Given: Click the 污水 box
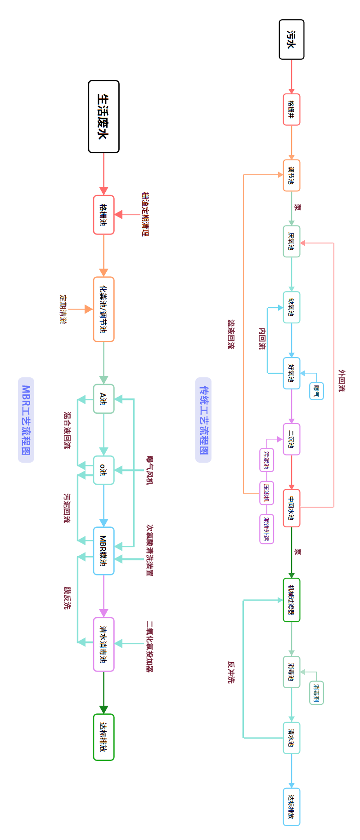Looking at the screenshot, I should [292, 40].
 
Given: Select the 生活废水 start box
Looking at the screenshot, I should [103, 117].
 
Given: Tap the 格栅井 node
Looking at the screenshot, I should [292, 110].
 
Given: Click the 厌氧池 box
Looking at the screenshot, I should [292, 241].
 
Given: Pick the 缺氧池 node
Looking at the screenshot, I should [292, 307].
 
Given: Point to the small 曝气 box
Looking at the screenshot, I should [316, 391].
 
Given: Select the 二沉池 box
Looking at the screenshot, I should [292, 439].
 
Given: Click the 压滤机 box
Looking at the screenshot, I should [266, 493].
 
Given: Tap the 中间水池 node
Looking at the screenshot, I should [292, 508].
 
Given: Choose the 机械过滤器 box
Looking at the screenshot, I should [292, 600].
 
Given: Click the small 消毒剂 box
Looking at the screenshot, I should [316, 693].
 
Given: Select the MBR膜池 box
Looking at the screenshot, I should [103, 551].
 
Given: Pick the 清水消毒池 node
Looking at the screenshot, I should [103, 644].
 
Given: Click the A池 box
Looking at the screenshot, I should [103, 399].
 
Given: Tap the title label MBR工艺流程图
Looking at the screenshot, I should [26, 420].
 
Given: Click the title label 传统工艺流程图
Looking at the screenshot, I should [203, 420].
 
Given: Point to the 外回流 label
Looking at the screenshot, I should [342, 380].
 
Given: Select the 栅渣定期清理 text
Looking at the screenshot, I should [145, 214].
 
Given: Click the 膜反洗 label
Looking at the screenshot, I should [67, 597].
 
